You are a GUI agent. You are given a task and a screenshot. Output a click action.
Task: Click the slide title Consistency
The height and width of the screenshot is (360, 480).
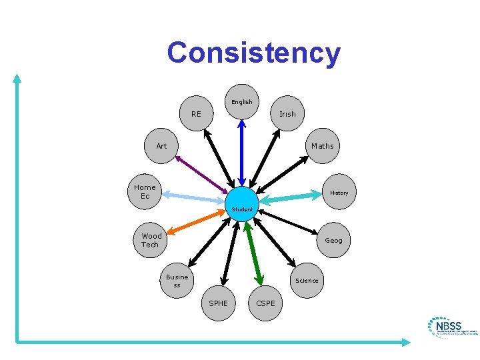point(253,53)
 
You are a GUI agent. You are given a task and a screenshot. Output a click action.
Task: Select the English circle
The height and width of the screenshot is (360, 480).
point(241,101)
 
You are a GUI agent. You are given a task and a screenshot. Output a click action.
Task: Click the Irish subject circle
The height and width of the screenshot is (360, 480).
point(287,114)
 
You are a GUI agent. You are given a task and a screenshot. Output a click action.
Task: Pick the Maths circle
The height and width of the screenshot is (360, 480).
point(323,146)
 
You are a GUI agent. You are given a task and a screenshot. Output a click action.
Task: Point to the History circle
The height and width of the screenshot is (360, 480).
point(339,193)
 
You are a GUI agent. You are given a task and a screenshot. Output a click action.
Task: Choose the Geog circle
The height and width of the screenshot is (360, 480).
point(333,240)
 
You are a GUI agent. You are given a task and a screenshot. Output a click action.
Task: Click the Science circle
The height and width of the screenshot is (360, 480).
point(307,280)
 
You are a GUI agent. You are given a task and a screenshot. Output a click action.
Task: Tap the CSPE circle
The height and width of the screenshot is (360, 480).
point(265,303)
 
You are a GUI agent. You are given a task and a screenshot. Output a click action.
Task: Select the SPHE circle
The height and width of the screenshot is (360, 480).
point(219,303)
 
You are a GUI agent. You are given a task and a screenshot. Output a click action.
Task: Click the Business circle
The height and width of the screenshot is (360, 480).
point(177,281)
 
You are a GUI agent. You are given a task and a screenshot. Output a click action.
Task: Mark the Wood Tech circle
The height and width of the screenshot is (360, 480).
point(151,240)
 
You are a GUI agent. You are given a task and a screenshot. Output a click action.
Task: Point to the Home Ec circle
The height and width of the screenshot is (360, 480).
point(145,192)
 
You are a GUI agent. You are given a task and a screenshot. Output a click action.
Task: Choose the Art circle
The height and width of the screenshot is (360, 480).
point(162,146)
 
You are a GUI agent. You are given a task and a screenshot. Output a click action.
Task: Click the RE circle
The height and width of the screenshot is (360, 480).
point(196,114)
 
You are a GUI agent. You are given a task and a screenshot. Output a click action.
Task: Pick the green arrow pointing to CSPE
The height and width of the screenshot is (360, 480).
point(254,253)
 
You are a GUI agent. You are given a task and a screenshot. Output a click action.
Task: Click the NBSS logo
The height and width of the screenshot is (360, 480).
point(453,327)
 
